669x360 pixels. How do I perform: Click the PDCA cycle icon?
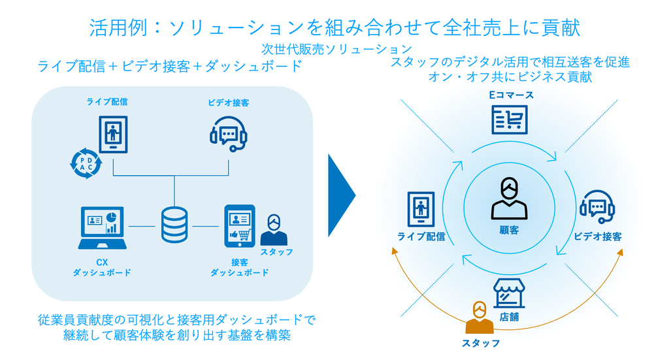pos(86,163)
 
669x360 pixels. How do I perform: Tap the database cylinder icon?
pos(174,225)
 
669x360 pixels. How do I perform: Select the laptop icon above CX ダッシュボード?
pos(103,228)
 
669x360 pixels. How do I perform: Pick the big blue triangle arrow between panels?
pos(341,195)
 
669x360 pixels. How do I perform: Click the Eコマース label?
pos(511,95)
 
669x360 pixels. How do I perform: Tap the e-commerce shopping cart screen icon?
pos(510,120)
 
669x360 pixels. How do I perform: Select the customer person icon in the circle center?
pos(509,199)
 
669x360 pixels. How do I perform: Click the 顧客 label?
pos(509,231)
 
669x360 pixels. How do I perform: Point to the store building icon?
pos(509,293)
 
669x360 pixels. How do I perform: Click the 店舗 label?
pos(509,317)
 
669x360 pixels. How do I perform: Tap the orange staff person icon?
pos(480,318)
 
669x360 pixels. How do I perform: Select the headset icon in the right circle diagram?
pos(597,207)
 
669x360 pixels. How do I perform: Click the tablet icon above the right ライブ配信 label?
pos(421,209)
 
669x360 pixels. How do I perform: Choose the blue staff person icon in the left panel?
pos(274,230)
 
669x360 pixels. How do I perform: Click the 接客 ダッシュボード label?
pos(239,267)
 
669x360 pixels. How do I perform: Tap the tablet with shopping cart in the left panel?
pos(240,226)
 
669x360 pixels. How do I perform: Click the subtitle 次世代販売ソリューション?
pos(336,50)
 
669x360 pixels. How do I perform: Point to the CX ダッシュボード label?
pos(102,267)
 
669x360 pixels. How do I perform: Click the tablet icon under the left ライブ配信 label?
pos(113,135)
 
